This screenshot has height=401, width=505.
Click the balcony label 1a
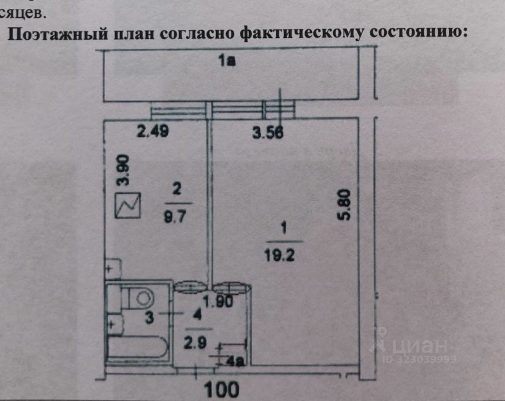pos(227,61)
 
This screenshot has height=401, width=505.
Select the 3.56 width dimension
pos(268,132)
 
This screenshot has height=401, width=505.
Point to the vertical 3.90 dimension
pos(123,170)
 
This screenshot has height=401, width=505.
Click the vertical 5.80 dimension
pos(344,205)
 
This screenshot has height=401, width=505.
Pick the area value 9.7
pos(175,216)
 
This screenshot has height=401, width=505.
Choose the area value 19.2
pos(279,256)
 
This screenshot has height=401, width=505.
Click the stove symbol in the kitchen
pos(128,205)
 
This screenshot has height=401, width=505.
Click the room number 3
pos(149,317)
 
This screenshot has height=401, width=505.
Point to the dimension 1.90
pos(218,302)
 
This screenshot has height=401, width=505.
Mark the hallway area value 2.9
pos(195,342)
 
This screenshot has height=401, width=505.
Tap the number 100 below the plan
pos(222,390)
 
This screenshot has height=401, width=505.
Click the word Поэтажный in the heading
pos(58,34)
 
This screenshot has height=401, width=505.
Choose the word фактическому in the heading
pos(302,34)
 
